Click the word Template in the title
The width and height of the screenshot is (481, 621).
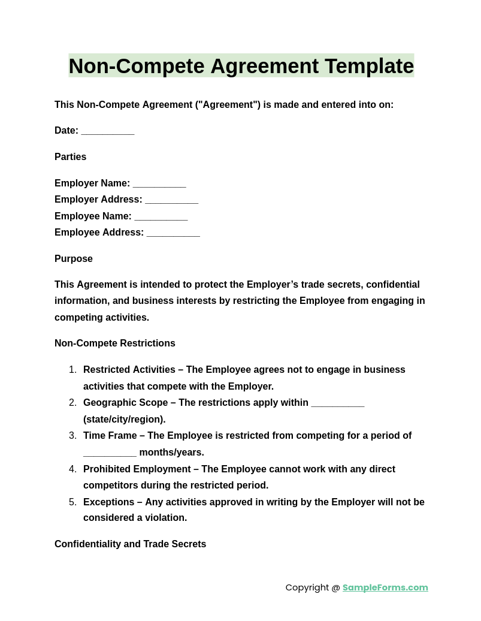pyautogui.click(x=369, y=66)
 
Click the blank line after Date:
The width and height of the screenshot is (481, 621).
pyautogui.click(x=108, y=131)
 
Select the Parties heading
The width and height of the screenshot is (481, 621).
pyautogui.click(x=70, y=157)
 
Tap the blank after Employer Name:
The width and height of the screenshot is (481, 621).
pyautogui.click(x=159, y=184)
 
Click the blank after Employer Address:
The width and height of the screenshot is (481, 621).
pyautogui.click(x=171, y=200)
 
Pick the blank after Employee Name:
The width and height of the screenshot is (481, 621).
pyautogui.click(x=161, y=217)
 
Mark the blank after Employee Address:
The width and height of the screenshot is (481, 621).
pyautogui.click(x=173, y=233)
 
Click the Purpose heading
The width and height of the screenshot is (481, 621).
pyautogui.click(x=74, y=259)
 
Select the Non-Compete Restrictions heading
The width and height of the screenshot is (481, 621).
pyautogui.click(x=115, y=343)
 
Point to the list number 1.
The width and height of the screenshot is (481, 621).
pyautogui.click(x=72, y=370)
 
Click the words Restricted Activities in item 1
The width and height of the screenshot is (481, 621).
pyautogui.click(x=129, y=370)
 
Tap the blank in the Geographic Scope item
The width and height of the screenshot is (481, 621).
pyautogui.click(x=338, y=403)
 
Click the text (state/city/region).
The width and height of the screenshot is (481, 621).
pyautogui.click(x=125, y=420)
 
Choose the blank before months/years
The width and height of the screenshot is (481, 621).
pyautogui.click(x=110, y=453)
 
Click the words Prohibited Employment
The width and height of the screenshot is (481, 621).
pyautogui.click(x=137, y=469)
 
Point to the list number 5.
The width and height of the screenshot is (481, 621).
pyautogui.click(x=72, y=502)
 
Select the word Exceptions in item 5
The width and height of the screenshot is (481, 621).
pyautogui.click(x=109, y=502)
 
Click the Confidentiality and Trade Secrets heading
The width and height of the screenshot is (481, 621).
pyautogui.click(x=130, y=544)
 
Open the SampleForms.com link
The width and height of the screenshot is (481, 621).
pyautogui.click(x=385, y=587)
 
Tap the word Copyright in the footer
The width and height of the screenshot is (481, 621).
pyautogui.click(x=307, y=587)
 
